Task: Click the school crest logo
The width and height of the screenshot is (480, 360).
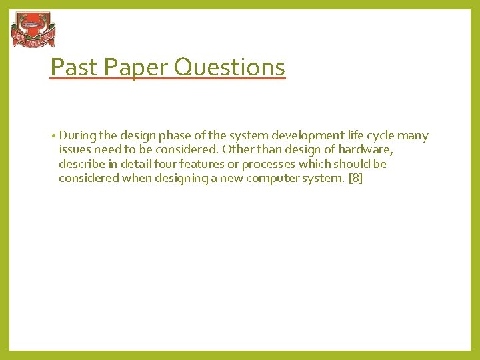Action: pyautogui.click(x=33, y=29)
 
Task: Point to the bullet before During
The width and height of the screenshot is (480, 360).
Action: pyautogui.click(x=53, y=136)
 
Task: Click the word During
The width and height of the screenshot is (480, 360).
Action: pyautogui.click(x=77, y=136)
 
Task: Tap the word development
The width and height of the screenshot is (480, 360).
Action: pyautogui.click(x=297, y=136)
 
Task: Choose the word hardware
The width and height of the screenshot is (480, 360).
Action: pyautogui.click(x=365, y=150)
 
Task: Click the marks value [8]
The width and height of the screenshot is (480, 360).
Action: pyautogui.click(x=355, y=178)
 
